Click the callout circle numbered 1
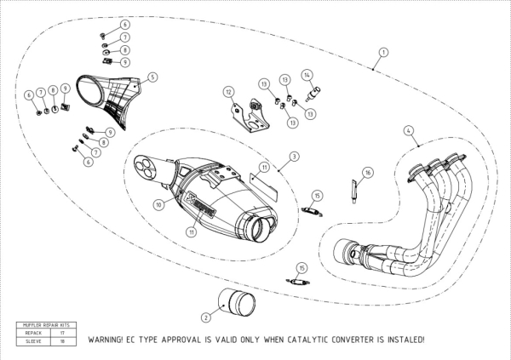point(383,52)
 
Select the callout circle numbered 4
point(409,130)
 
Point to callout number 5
point(152,77)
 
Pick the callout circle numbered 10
point(158,204)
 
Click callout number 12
point(228,91)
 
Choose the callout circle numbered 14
point(307,75)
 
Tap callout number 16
point(367,172)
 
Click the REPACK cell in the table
point(37,333)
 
